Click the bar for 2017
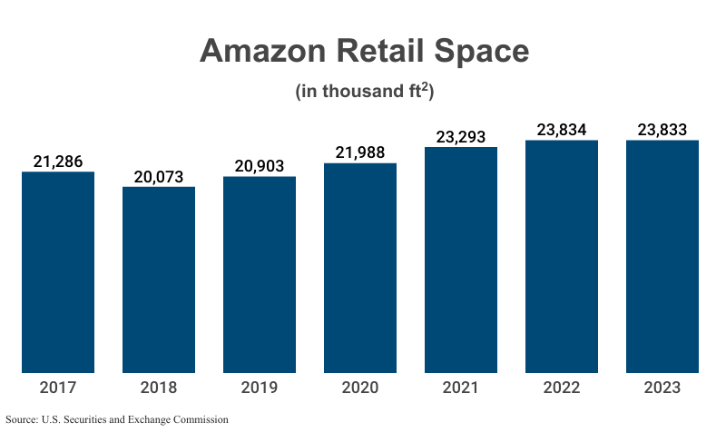pos(58,272)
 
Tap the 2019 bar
pos(260,274)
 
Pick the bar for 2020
pos(360,268)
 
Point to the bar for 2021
pos(461,260)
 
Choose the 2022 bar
pos(562,257)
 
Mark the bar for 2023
pos(662,257)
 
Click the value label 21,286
pos(58,162)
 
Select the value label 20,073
pos(159,176)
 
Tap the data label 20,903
pos(260,166)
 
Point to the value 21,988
pos(360,153)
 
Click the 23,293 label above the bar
pos(461,137)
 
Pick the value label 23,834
pos(562,130)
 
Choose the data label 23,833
pos(662,130)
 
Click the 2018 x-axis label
pos(159,388)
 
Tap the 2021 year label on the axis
pos(461,388)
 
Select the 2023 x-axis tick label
pos(662,388)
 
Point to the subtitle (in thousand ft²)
pos(363,92)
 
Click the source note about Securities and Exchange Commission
pos(117,419)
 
